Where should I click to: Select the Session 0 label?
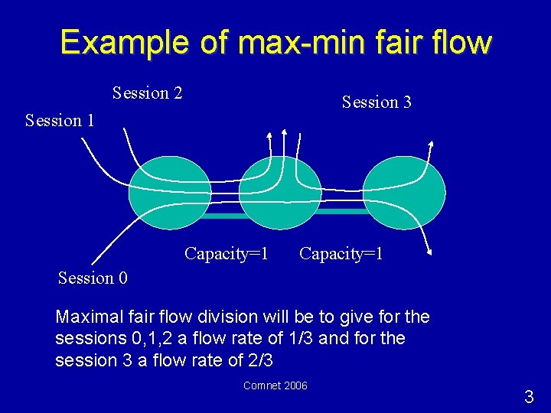tap(93, 278)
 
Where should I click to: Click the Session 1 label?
tap(60, 121)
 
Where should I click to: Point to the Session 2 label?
tap(147, 93)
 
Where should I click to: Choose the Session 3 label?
tap(377, 102)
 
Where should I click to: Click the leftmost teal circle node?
tap(169, 193)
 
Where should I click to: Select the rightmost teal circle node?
tap(403, 193)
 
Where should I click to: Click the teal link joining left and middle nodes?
tap(225, 216)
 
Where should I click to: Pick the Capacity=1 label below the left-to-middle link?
tap(226, 253)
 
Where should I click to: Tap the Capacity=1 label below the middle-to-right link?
tap(341, 253)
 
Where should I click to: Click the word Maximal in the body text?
tap(86, 317)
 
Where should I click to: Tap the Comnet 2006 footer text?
tap(275, 385)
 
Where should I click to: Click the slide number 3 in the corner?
tap(529, 397)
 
